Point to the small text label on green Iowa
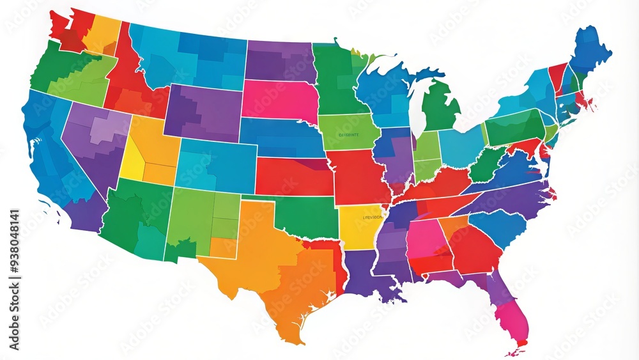[x=348, y=135]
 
